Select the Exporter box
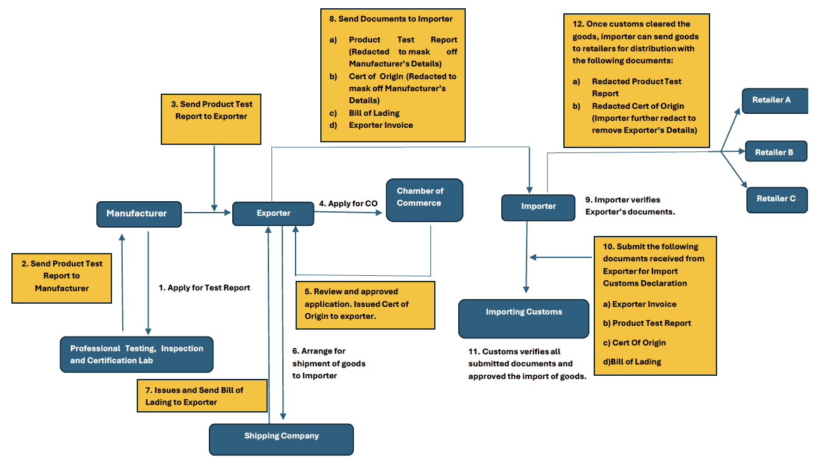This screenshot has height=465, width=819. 273,214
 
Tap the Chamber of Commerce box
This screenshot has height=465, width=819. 424,200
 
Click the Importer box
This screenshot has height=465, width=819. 538,207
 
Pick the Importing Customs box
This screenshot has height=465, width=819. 523,318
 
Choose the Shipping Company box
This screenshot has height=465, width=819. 281,438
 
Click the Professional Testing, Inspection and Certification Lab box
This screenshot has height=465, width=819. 137,354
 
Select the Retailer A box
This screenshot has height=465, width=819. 774,101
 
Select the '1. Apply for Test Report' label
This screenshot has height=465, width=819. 204,288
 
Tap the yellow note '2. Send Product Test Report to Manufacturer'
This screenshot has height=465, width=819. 61,276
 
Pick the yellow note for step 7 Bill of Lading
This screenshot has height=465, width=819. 202,396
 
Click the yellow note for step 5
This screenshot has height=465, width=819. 365,305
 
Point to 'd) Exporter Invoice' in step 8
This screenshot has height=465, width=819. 380,125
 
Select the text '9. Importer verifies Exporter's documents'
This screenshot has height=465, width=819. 630,206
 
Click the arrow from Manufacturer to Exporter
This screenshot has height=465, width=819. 207,213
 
